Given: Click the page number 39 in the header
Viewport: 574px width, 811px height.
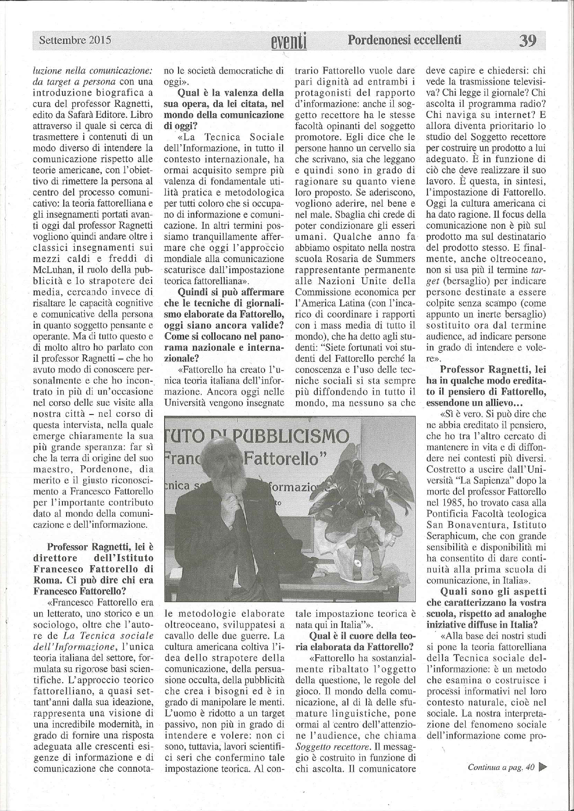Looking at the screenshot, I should [x=527, y=41].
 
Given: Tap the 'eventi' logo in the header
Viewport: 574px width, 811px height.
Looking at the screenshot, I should [x=289, y=42].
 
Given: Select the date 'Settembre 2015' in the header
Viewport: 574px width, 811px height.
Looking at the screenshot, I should [x=75, y=40].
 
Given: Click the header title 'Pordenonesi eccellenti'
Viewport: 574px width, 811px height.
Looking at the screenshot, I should [x=405, y=40].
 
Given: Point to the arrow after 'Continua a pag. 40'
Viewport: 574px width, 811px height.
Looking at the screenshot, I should [x=543, y=768].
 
